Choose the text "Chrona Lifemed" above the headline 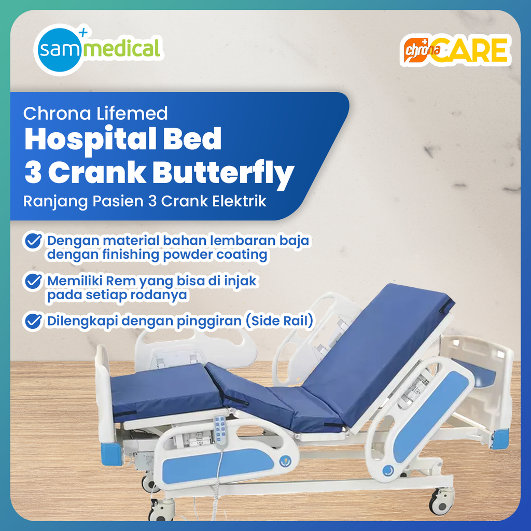tap(96, 113)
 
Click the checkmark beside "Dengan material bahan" tap(33, 241)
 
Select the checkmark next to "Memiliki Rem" tap(33, 282)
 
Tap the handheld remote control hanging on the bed tap(220, 430)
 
